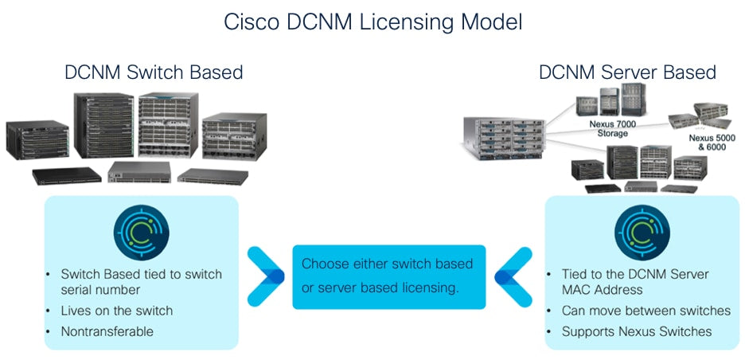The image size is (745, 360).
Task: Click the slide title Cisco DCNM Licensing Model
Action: [372, 22]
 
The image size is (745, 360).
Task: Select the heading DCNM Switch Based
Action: [154, 72]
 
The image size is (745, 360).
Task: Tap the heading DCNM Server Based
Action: [627, 72]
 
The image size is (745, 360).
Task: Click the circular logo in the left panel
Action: [141, 232]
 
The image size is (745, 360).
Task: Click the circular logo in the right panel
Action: [642, 232]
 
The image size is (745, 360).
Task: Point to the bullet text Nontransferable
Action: [107, 331]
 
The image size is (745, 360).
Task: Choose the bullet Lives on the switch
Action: [116, 311]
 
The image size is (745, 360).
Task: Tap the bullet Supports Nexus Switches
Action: [637, 331]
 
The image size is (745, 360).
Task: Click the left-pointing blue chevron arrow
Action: [513, 276]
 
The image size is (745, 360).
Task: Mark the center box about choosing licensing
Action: [388, 276]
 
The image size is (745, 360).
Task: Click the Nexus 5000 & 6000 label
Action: [712, 142]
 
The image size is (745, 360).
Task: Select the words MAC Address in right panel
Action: [603, 290]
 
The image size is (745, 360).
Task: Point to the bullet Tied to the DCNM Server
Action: [635, 274]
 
